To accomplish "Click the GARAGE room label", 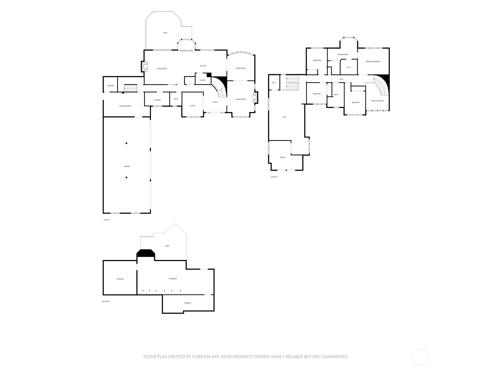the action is [x=127, y=166].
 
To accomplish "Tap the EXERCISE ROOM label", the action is [x=125, y=106].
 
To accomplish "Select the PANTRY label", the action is [x=202, y=80].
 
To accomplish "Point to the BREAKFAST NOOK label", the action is [x=186, y=51].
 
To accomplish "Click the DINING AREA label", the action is [x=240, y=68].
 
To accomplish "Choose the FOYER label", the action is [x=215, y=102].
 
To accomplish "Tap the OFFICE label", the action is [x=192, y=106].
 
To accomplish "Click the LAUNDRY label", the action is [x=157, y=100].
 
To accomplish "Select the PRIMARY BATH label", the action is [x=343, y=54].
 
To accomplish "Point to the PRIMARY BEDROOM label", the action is [x=373, y=61].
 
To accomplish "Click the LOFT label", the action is [x=284, y=117].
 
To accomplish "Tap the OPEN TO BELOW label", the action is [x=378, y=101].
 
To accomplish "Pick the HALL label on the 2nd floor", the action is [x=341, y=79].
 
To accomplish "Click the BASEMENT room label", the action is [x=173, y=279].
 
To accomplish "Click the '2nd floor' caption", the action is [x=274, y=177].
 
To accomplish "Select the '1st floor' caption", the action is [x=106, y=220].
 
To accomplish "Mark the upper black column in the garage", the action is [x=126, y=143].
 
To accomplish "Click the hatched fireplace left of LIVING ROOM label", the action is [x=145, y=66].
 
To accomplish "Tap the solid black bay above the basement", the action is [x=146, y=253].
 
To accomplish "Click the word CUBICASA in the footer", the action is [x=201, y=356].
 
